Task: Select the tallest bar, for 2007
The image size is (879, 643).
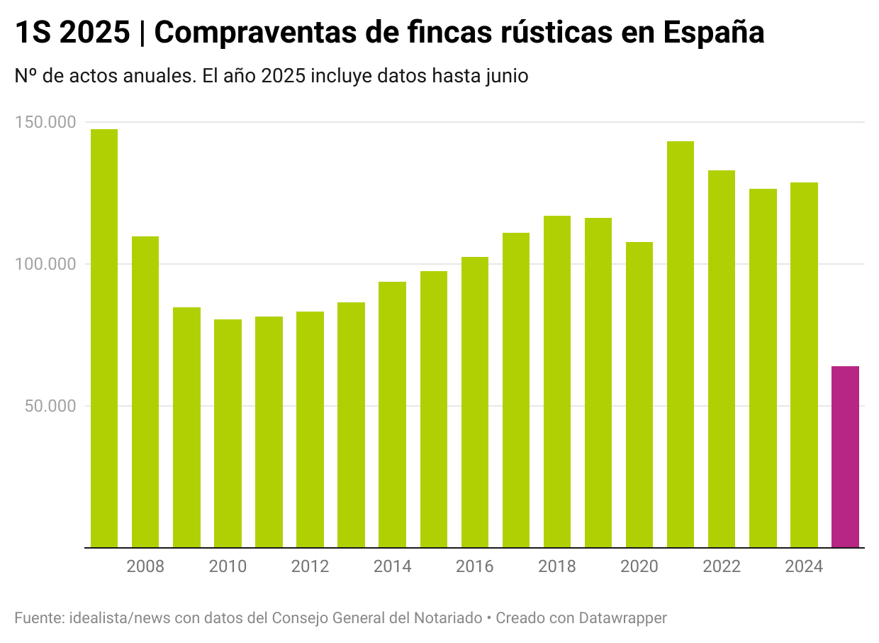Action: [104, 338]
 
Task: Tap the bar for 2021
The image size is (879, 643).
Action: [681, 344]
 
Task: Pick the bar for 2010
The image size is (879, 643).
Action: [228, 433]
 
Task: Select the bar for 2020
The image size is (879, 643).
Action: [639, 395]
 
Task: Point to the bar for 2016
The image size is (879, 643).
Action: [475, 402]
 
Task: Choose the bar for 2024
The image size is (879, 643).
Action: [804, 365]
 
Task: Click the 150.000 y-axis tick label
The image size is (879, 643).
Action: [45, 122]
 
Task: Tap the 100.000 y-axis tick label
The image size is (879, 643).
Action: [45, 264]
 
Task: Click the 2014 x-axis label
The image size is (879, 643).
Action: [393, 567]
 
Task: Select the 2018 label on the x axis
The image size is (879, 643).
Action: [557, 567]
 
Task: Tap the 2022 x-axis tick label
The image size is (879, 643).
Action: [722, 567]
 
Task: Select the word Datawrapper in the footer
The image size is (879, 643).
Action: [622, 618]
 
